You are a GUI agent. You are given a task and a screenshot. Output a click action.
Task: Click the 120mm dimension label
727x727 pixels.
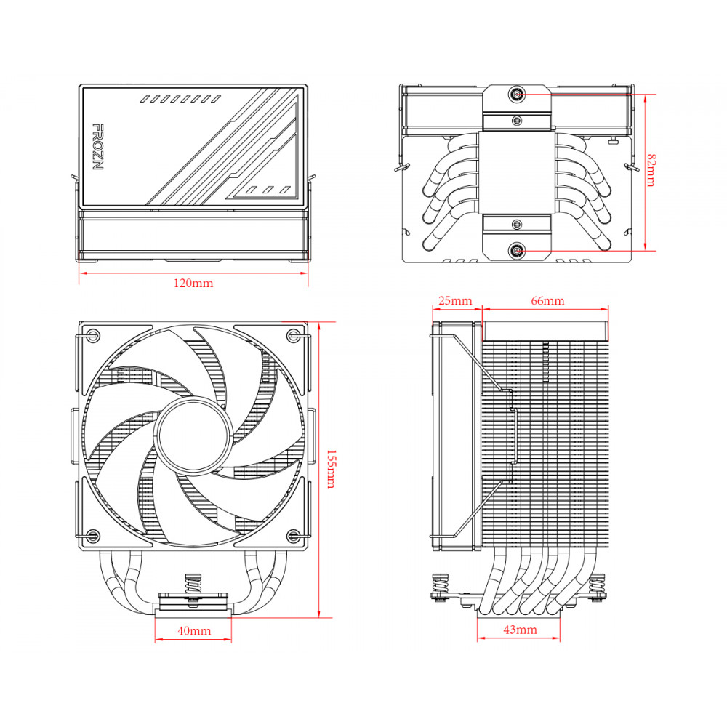point(193,284)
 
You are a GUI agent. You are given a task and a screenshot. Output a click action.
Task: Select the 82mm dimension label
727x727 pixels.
point(651,169)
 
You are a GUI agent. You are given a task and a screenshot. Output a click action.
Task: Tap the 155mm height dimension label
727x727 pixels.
point(331,469)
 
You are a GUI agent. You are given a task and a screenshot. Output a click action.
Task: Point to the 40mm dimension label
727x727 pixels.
point(193,631)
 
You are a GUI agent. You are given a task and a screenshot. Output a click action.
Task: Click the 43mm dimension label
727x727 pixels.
point(520,630)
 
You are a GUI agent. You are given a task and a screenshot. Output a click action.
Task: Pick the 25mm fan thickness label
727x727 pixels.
point(456,301)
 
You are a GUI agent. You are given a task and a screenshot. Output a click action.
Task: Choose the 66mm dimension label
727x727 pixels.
point(547,301)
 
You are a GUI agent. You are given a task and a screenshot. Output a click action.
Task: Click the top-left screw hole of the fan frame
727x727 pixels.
point(93,335)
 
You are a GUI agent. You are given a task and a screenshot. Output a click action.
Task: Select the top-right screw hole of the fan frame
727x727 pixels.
point(294,335)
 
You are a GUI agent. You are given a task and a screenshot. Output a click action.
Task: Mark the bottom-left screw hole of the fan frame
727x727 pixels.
point(93,537)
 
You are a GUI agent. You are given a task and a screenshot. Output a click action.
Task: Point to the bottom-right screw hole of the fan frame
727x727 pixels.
point(294,537)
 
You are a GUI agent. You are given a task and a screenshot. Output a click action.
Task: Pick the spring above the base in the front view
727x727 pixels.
point(193,584)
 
